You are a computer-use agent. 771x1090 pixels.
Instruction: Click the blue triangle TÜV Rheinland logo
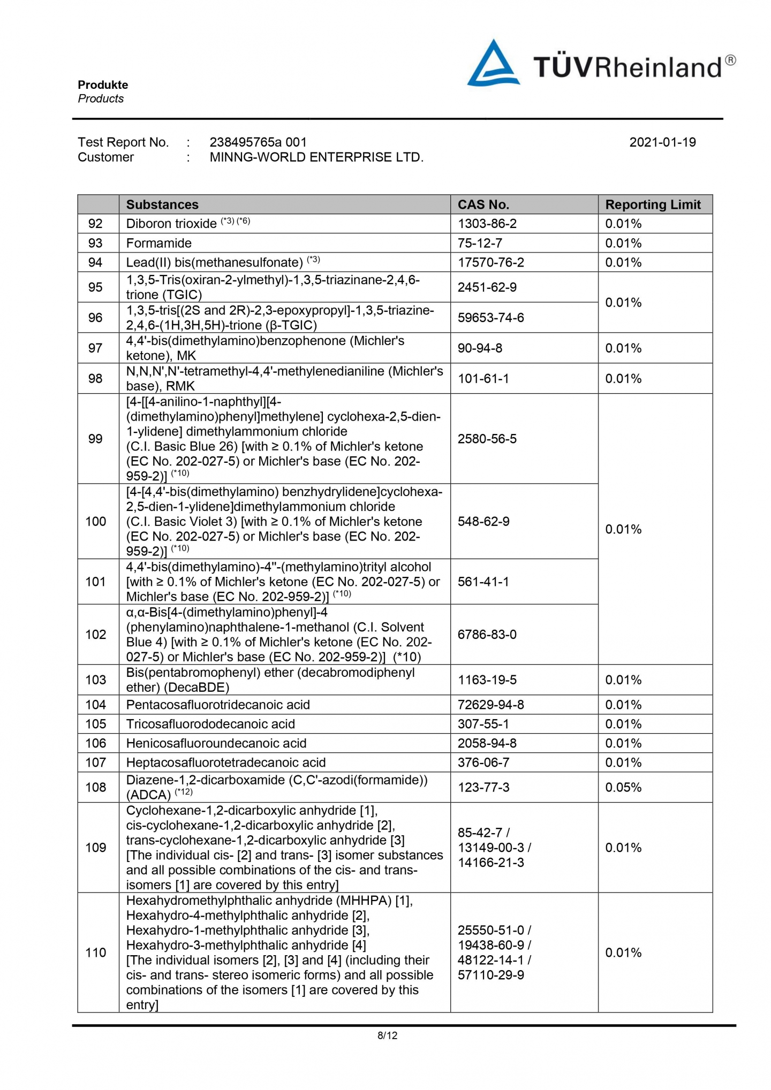click(493, 64)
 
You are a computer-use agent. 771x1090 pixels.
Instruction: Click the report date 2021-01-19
click(662, 142)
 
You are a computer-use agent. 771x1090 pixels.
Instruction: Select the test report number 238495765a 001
click(258, 142)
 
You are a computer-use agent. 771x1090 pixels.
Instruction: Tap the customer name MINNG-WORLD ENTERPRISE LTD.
click(316, 157)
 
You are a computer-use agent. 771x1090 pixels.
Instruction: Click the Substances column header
click(162, 205)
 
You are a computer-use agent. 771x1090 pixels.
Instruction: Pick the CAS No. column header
click(483, 205)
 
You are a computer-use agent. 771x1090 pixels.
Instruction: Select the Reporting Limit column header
click(653, 205)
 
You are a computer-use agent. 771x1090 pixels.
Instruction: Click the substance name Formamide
click(159, 243)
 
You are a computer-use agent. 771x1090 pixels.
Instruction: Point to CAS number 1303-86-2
click(487, 224)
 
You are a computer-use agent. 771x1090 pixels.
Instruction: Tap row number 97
click(95, 348)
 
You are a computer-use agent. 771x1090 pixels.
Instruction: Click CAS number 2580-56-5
click(487, 439)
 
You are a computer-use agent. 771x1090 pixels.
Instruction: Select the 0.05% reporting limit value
click(623, 788)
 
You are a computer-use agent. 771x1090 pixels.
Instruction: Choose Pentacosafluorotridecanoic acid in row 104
click(218, 705)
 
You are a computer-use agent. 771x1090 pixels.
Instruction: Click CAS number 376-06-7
click(483, 763)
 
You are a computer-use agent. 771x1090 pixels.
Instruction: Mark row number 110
click(96, 953)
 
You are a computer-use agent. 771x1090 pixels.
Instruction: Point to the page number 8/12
click(387, 1036)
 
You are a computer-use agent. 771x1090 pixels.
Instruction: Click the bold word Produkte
click(103, 85)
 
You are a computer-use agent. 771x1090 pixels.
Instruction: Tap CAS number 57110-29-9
click(490, 975)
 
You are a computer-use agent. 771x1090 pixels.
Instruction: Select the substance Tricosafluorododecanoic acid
click(210, 725)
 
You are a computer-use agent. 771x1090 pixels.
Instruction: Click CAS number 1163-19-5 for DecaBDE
click(487, 681)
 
